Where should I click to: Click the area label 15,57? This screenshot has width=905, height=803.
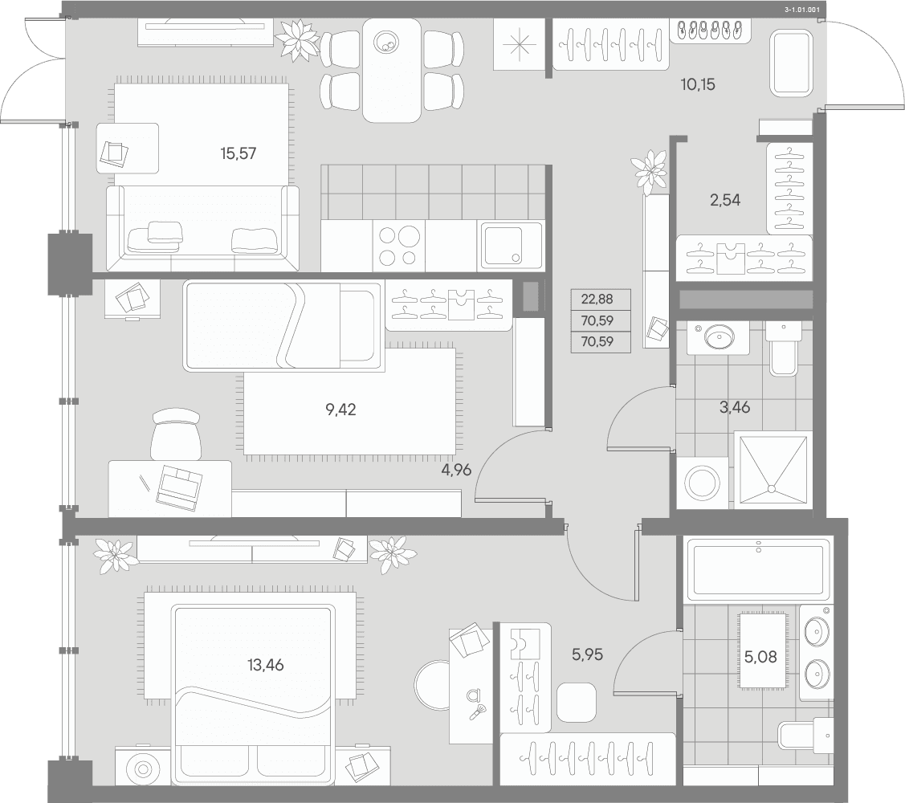[238, 153]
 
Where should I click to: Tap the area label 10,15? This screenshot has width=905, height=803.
[698, 84]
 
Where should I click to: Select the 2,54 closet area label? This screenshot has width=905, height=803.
[725, 200]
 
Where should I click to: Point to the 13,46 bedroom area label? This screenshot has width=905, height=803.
[266, 665]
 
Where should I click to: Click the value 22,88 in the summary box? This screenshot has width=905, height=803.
[597, 299]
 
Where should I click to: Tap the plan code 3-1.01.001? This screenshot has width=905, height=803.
[802, 10]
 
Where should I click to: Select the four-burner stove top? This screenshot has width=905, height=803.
[399, 246]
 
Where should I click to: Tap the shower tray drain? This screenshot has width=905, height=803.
[771, 488]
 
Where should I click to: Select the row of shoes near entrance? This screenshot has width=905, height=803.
[710, 29]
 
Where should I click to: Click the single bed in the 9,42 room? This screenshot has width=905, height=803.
[283, 326]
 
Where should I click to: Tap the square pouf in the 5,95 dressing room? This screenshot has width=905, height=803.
[576, 702]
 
